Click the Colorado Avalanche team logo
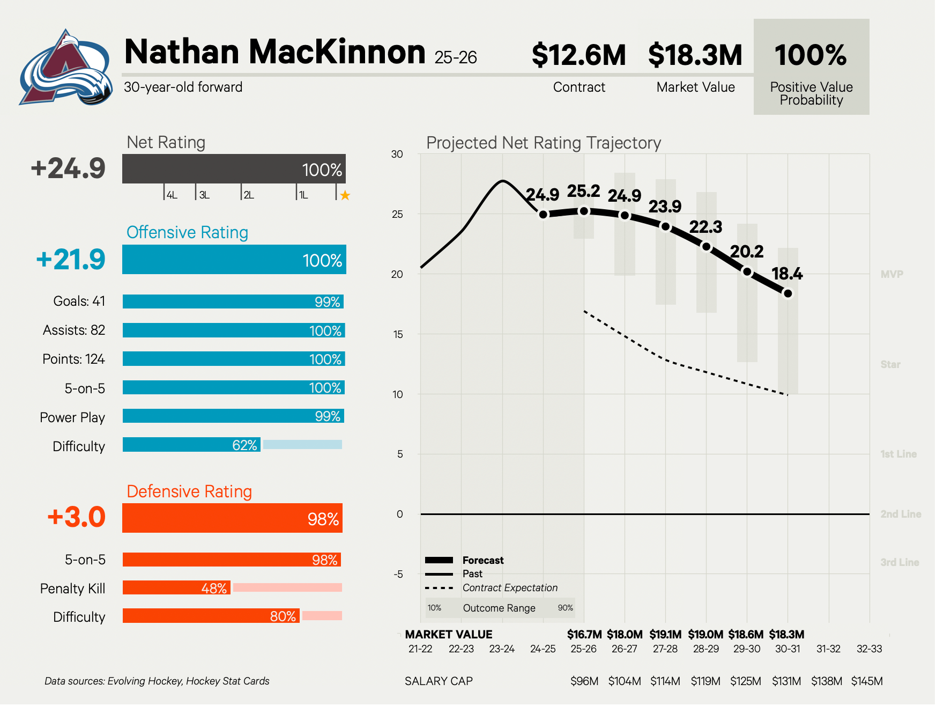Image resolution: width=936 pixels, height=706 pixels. click(x=65, y=69)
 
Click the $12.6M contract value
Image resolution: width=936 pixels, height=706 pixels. click(x=578, y=55)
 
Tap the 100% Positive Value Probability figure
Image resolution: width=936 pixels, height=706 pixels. click(x=811, y=55)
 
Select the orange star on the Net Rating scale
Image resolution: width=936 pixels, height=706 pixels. click(x=345, y=195)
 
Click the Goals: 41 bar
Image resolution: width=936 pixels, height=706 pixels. click(x=233, y=301)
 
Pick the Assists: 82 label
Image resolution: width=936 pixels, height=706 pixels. click(x=74, y=330)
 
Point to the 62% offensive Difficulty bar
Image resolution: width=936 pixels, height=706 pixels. click(x=191, y=445)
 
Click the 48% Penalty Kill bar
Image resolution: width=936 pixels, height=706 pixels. click(x=176, y=588)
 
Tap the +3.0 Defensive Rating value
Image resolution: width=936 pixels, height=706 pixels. click(x=76, y=517)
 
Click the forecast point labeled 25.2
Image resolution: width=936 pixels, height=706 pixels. click(x=584, y=211)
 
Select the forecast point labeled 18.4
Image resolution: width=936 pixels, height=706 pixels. click(x=788, y=293)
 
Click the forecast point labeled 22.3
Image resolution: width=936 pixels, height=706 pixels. click(x=706, y=246)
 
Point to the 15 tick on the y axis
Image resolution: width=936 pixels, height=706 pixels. click(x=398, y=334)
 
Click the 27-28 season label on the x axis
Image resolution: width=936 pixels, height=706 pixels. click(x=665, y=649)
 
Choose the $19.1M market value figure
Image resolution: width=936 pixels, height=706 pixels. click(x=665, y=635)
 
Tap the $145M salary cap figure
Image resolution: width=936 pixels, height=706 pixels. click(x=867, y=681)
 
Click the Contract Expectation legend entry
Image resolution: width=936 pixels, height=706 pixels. click(x=510, y=588)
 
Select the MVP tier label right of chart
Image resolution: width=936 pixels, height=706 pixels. click(x=892, y=274)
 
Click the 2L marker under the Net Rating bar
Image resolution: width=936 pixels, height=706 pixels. click(x=249, y=195)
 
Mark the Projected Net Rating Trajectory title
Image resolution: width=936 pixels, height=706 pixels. click(x=544, y=143)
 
